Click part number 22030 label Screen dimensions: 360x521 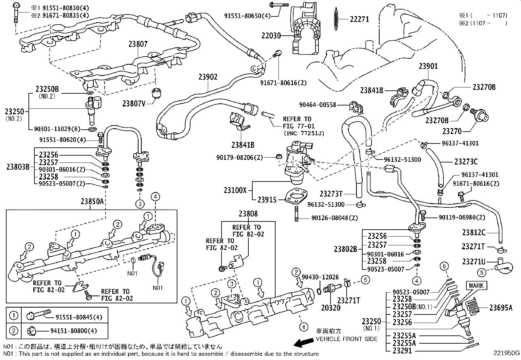[x=271, y=35]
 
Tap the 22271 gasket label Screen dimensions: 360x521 [x=359, y=19]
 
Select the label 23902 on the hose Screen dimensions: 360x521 [x=207, y=77]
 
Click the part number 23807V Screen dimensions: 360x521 [x=134, y=104]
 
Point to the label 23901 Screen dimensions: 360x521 [x=428, y=66]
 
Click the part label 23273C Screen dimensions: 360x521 [x=466, y=161]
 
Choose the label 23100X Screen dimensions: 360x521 [x=235, y=190]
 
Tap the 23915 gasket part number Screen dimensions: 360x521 [x=267, y=199]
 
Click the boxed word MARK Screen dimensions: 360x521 [x=476, y=286]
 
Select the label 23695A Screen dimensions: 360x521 [x=501, y=307]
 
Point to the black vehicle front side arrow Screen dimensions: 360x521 [x=303, y=343]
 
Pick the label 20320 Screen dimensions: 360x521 [x=331, y=308]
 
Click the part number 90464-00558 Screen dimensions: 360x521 [x=318, y=105]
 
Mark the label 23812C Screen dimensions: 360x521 [x=474, y=233]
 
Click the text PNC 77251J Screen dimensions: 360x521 [x=304, y=133]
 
